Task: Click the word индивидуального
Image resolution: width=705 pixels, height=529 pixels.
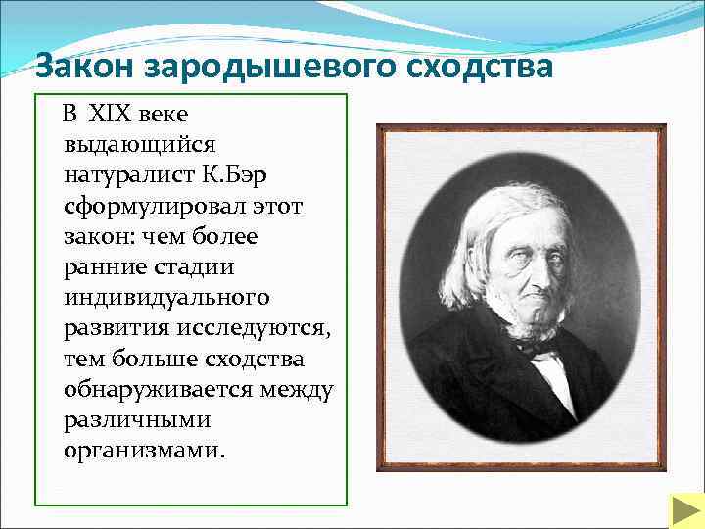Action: pyautogui.click(x=165, y=298)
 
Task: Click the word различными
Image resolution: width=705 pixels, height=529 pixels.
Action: pyautogui.click(x=138, y=421)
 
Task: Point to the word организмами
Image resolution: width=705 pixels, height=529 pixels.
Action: pyautogui.click(x=143, y=453)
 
